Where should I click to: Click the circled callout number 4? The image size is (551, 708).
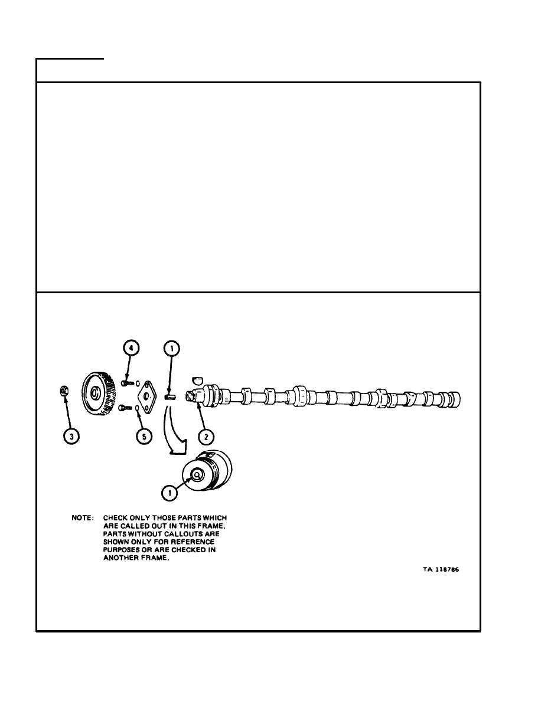(131, 348)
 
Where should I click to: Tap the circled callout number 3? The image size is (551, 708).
(71, 436)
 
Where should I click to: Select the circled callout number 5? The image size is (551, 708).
(144, 436)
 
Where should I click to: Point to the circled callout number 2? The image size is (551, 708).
(206, 437)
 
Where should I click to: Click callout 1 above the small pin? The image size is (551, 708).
(172, 349)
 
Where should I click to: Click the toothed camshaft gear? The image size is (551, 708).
(98, 394)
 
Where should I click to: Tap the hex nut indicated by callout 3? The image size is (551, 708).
(64, 391)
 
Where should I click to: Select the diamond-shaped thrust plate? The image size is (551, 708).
(146, 396)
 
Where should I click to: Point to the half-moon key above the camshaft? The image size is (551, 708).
(197, 379)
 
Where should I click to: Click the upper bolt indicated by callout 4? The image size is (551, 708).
(128, 383)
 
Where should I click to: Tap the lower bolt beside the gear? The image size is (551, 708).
(125, 407)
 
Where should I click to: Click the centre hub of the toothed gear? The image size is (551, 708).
(95, 394)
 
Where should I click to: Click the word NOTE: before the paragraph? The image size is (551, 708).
(83, 517)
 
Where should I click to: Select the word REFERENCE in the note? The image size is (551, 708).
(193, 542)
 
